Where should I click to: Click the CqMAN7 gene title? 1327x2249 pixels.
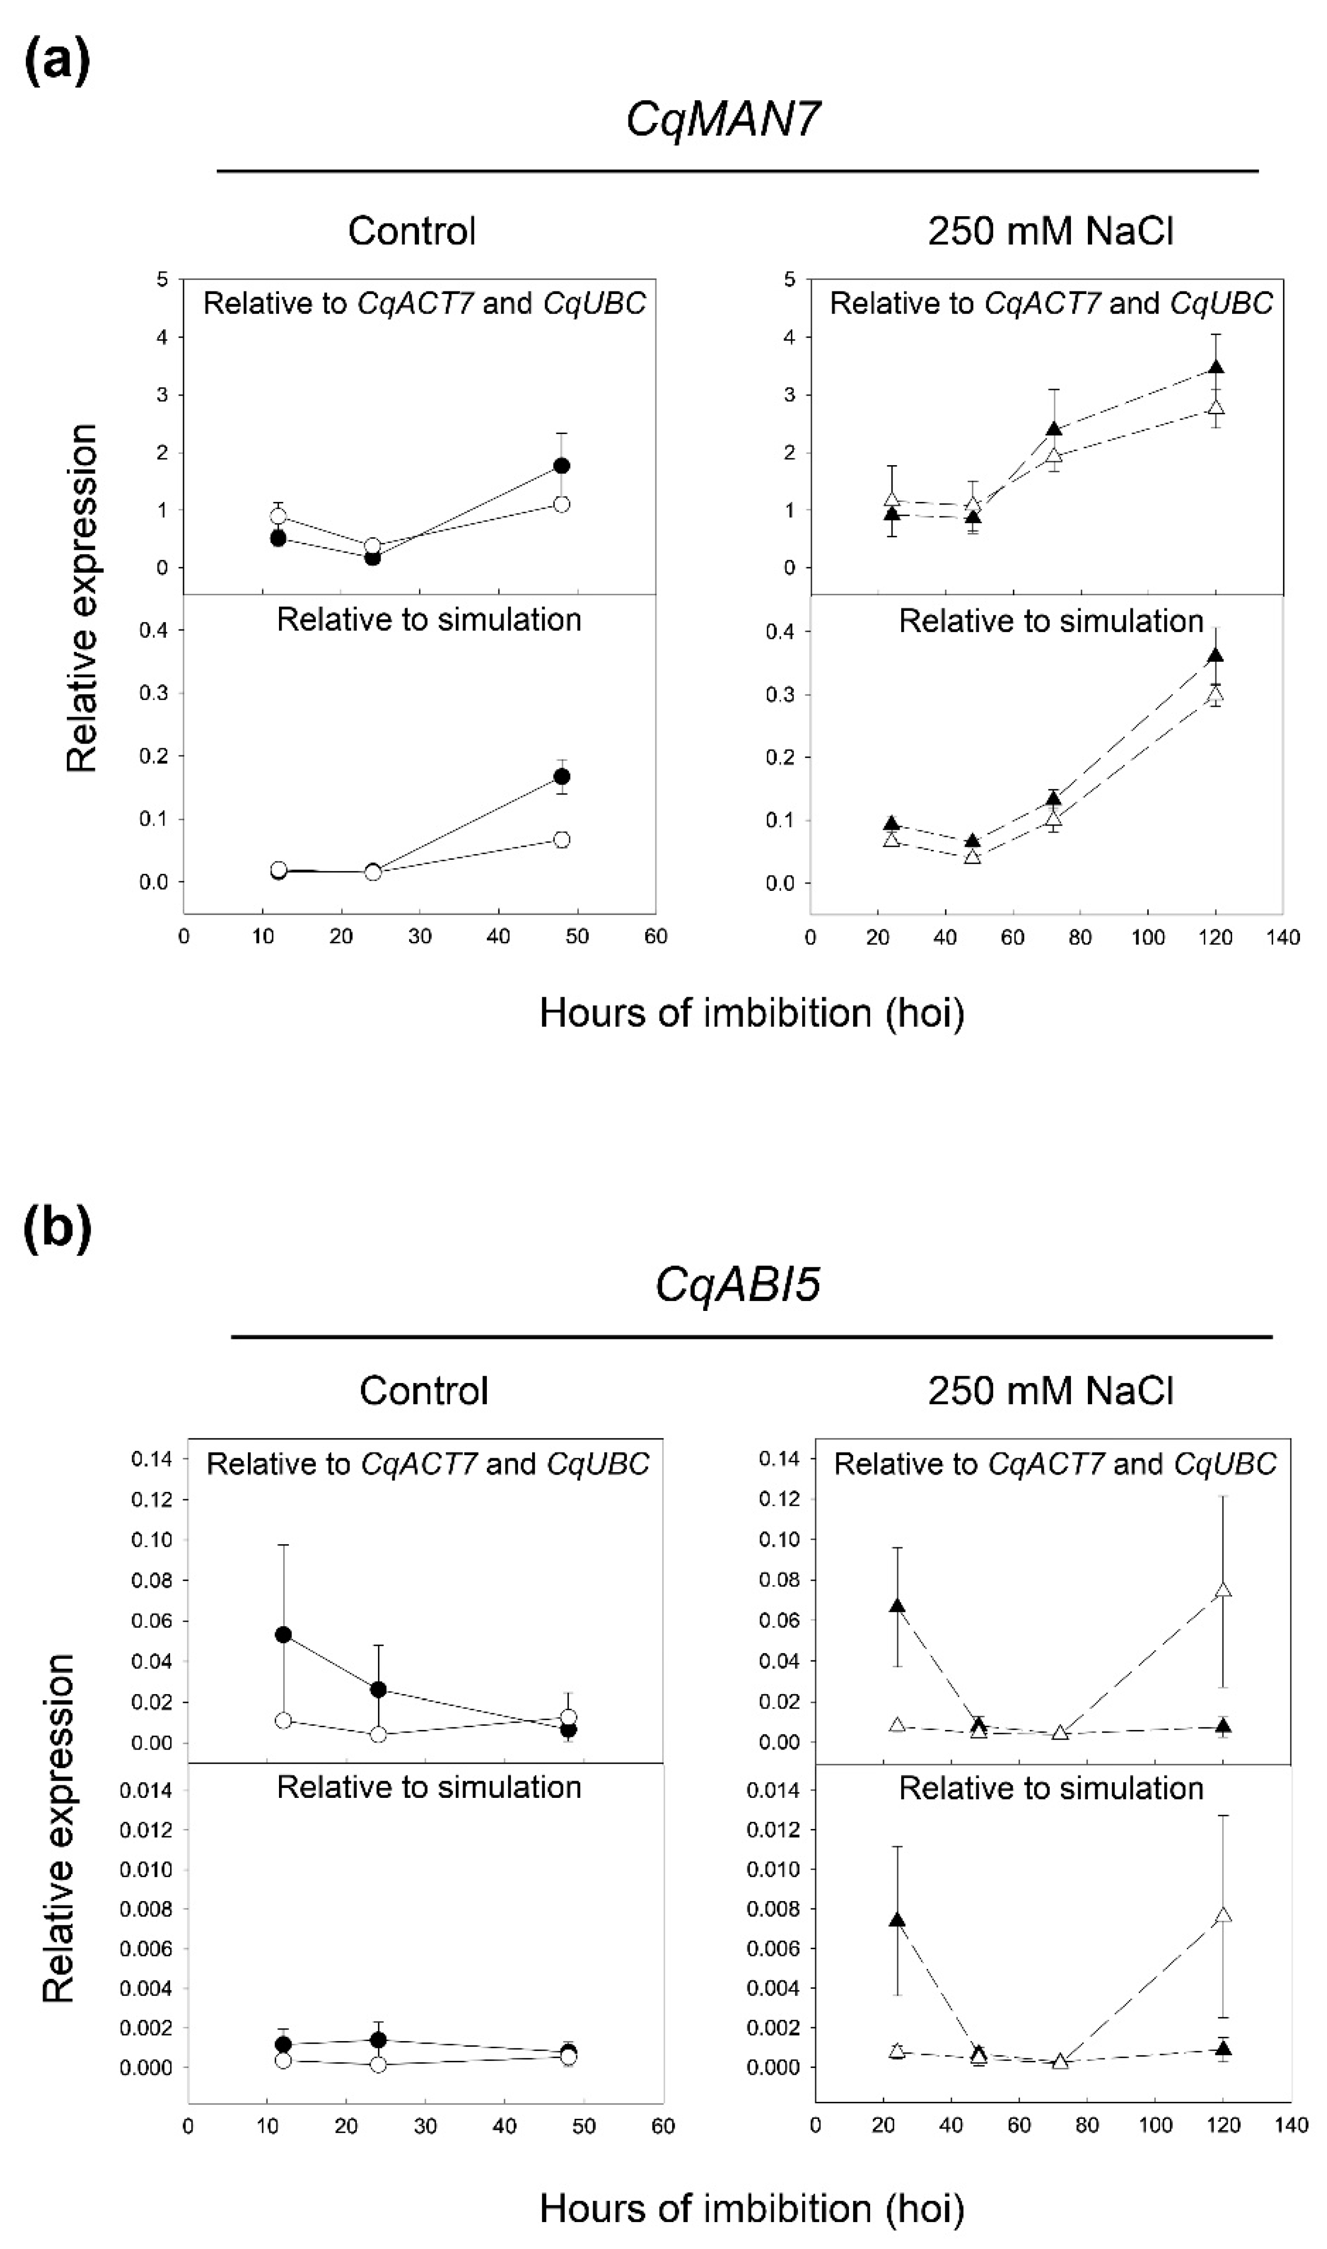tap(722, 118)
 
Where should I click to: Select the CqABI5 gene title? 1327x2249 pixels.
tap(738, 1285)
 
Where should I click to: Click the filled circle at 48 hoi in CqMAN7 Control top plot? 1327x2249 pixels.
tap(562, 466)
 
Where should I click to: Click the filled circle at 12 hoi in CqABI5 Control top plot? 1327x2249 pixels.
tap(284, 1635)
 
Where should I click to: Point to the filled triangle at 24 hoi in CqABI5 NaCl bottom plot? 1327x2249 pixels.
tap(897, 1920)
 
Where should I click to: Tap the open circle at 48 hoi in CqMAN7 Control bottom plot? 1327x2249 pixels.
tap(562, 840)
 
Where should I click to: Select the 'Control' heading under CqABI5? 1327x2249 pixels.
tap(424, 1391)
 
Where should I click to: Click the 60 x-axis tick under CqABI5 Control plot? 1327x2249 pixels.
tap(663, 2127)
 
